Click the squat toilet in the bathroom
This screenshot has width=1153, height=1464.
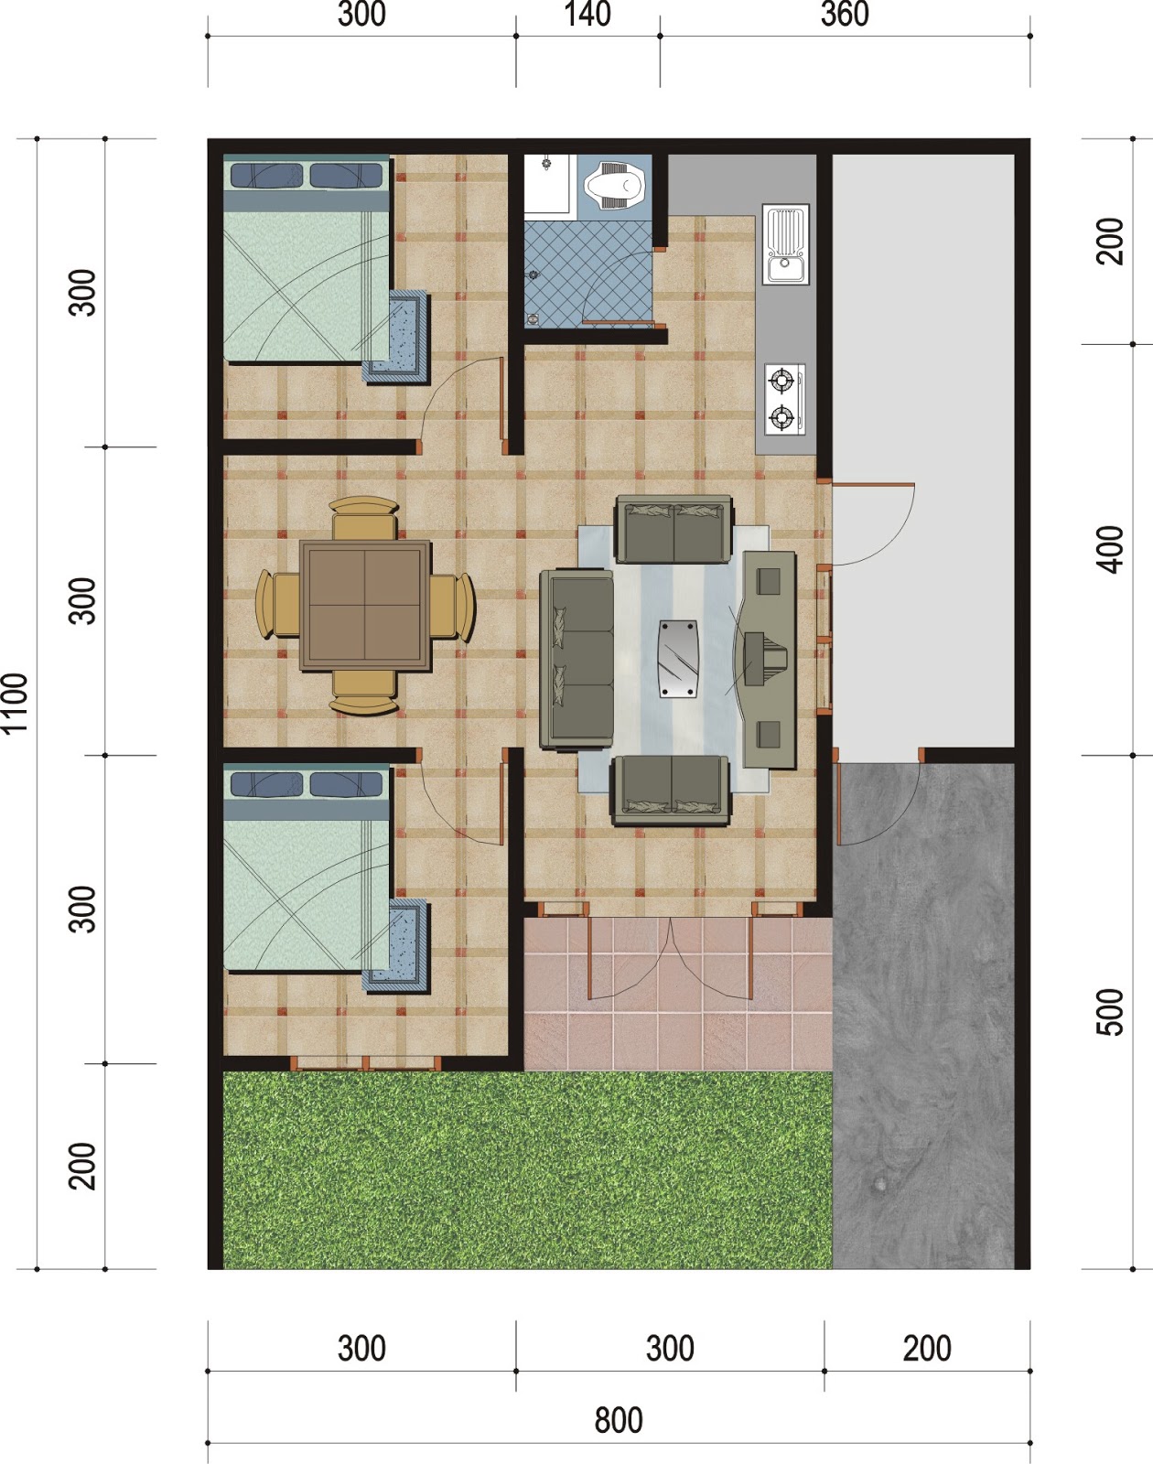tap(614, 185)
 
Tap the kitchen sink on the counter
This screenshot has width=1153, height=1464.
tap(786, 243)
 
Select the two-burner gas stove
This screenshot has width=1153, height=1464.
tap(784, 399)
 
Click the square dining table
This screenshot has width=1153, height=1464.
tap(365, 606)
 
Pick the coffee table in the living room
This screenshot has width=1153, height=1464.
tap(678, 659)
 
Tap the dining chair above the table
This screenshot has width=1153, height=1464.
tap(364, 519)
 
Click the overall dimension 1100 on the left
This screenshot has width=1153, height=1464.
tap(16, 703)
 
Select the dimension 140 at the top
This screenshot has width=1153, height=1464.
tap(587, 15)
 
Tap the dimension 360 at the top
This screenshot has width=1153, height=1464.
tap(844, 15)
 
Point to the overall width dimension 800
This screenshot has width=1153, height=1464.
tap(618, 1420)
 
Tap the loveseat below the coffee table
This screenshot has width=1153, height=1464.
tap(672, 786)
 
